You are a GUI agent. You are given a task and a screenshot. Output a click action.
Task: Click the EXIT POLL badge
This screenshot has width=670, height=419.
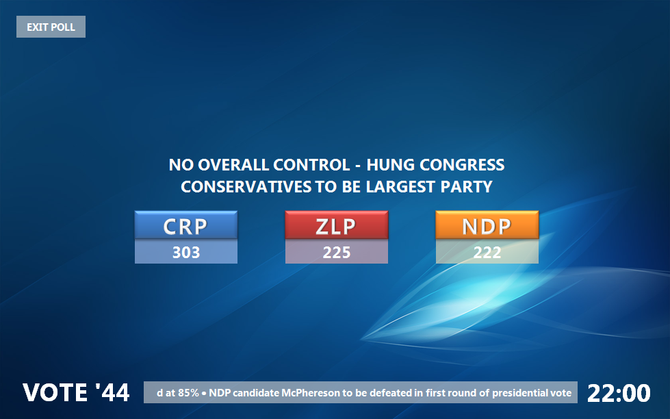pos(51,27)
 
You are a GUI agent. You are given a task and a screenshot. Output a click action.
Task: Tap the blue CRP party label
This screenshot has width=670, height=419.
pos(186,225)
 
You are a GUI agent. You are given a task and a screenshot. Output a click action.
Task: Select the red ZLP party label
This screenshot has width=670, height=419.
pos(337,225)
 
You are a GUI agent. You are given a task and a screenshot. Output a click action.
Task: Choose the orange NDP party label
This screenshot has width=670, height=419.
pos(487,225)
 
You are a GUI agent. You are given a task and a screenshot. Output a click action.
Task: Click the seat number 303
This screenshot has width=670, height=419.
pos(186,252)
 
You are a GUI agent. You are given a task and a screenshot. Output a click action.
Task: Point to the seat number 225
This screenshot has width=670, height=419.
pos(337,252)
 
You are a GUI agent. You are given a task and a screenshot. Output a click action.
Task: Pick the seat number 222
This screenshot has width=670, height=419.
pos(487,252)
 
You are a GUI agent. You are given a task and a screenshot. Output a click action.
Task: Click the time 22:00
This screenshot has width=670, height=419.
pos(619,393)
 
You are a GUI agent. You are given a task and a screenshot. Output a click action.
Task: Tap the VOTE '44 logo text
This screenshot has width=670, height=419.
pos(76,392)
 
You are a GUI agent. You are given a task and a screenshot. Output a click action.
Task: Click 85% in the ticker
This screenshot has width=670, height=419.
pos(188,393)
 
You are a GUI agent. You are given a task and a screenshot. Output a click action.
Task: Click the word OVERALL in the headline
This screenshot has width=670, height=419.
pos(233,165)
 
